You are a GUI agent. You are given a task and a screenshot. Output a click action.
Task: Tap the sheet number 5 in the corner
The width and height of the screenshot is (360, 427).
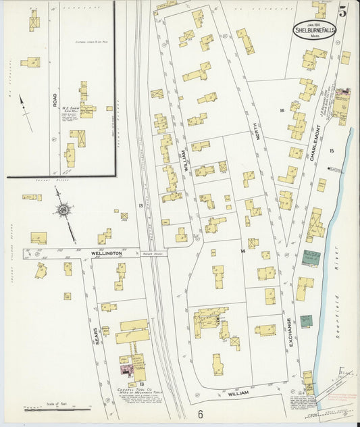[343, 11]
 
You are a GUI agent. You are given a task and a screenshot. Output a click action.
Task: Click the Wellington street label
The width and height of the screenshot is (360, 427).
[106, 253]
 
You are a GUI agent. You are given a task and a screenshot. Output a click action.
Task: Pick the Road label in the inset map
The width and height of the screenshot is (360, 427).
[54, 100]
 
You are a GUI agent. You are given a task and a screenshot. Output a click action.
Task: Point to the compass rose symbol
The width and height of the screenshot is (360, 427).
[63, 210]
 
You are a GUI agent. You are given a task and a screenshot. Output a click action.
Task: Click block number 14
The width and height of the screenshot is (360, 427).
[242, 251]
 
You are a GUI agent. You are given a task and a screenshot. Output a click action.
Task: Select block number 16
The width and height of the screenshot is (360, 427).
[281, 109]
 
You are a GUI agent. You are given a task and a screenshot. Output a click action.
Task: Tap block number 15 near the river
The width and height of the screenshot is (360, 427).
[331, 150]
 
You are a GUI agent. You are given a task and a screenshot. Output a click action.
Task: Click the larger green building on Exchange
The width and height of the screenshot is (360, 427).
[311, 257]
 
